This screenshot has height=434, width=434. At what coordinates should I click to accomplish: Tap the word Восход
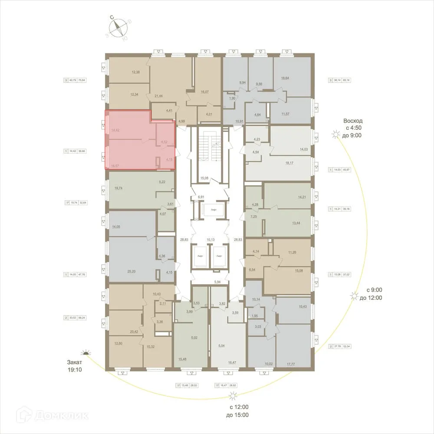pyautogui.click(x=352, y=121)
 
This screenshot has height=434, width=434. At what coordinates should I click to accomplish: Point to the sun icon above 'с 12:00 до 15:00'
pyautogui.click(x=233, y=395)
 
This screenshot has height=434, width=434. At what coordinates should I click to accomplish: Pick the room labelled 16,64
pyautogui.click(x=285, y=78)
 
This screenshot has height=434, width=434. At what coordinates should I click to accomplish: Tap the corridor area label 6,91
pyautogui.click(x=201, y=197)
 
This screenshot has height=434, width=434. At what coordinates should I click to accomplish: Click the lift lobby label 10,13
pyautogui.click(x=210, y=239)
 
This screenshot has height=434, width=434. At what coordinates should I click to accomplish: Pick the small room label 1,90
pyautogui.click(x=232, y=98)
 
